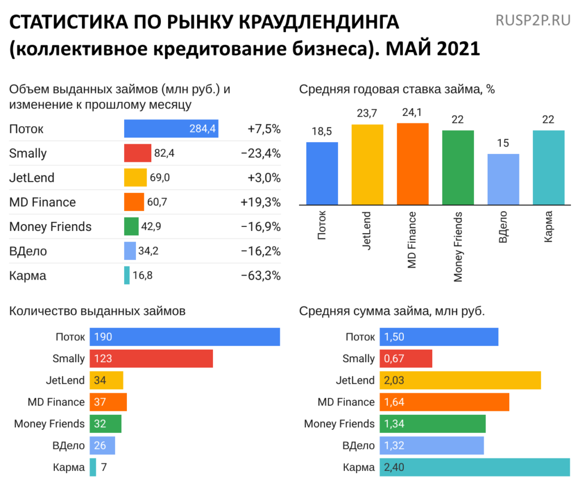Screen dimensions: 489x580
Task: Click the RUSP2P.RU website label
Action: (x=532, y=22)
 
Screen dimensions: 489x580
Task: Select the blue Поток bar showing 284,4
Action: (x=171, y=129)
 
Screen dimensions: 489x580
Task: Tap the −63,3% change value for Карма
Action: (x=261, y=276)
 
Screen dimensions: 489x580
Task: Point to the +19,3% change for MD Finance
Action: (x=261, y=202)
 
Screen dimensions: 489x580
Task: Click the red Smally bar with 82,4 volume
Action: (x=138, y=153)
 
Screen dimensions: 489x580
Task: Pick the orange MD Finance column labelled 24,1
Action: (x=413, y=164)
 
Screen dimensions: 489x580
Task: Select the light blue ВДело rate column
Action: (x=504, y=179)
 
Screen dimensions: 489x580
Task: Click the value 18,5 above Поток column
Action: (x=322, y=132)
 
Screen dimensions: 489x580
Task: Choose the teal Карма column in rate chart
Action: (x=549, y=167)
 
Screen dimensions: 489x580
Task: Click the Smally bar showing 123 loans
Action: (x=151, y=359)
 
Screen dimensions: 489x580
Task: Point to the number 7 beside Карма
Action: (x=104, y=467)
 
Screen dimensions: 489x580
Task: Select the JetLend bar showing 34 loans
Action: (x=106, y=380)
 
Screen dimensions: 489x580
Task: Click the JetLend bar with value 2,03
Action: (x=460, y=380)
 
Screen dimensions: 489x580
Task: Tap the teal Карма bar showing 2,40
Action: (x=475, y=467)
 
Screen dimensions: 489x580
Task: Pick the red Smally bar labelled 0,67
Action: (x=406, y=359)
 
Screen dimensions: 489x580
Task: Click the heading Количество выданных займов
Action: (x=97, y=311)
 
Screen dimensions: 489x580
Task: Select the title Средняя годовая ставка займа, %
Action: (x=397, y=89)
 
